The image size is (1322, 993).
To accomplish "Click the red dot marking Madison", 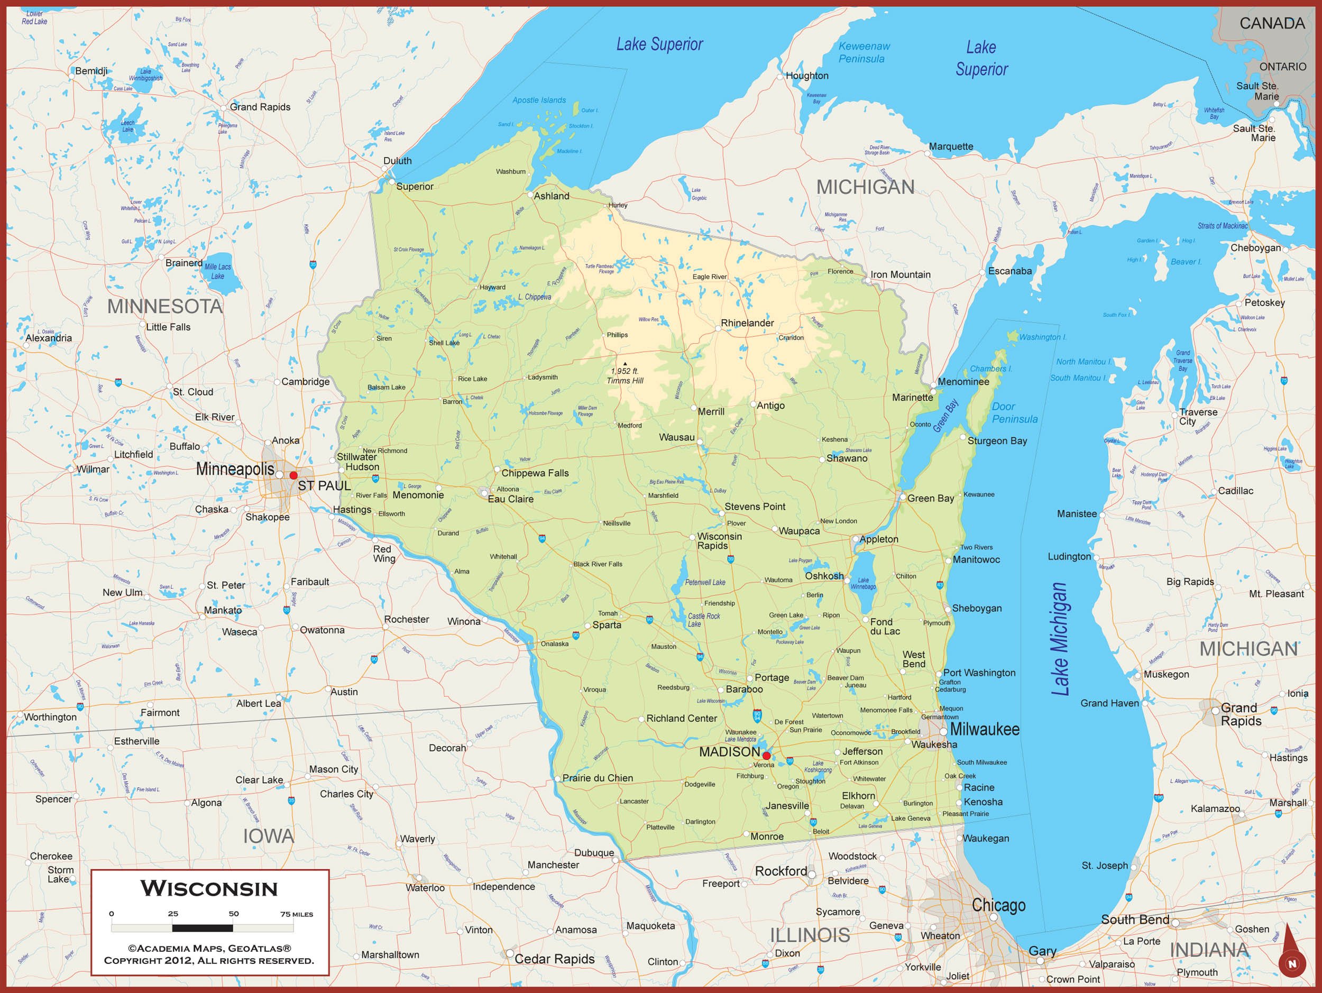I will pyautogui.click(x=766, y=756).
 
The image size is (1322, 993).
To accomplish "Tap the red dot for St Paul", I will pyautogui.click(x=293, y=475).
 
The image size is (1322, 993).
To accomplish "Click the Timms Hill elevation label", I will pyautogui.click(x=625, y=376).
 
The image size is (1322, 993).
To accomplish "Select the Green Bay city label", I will pyautogui.click(x=931, y=498).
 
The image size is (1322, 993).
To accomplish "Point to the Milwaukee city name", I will pyautogui.click(x=984, y=729).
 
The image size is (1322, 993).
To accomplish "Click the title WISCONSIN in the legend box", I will pyautogui.click(x=209, y=888).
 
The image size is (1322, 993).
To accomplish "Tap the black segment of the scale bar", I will pyautogui.click(x=203, y=928).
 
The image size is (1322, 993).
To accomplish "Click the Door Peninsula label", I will pyautogui.click(x=1014, y=413).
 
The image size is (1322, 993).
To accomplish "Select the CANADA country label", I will pyautogui.click(x=1272, y=23).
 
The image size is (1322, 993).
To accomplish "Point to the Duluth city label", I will pyautogui.click(x=398, y=161).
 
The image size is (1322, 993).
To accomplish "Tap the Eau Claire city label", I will pyautogui.click(x=510, y=499).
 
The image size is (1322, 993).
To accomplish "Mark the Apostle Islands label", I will pyautogui.click(x=538, y=100).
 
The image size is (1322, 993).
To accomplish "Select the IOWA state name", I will pyautogui.click(x=268, y=836).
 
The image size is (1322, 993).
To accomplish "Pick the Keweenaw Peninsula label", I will pyautogui.click(x=863, y=52).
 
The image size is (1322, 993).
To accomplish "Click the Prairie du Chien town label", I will pyautogui.click(x=597, y=778).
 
